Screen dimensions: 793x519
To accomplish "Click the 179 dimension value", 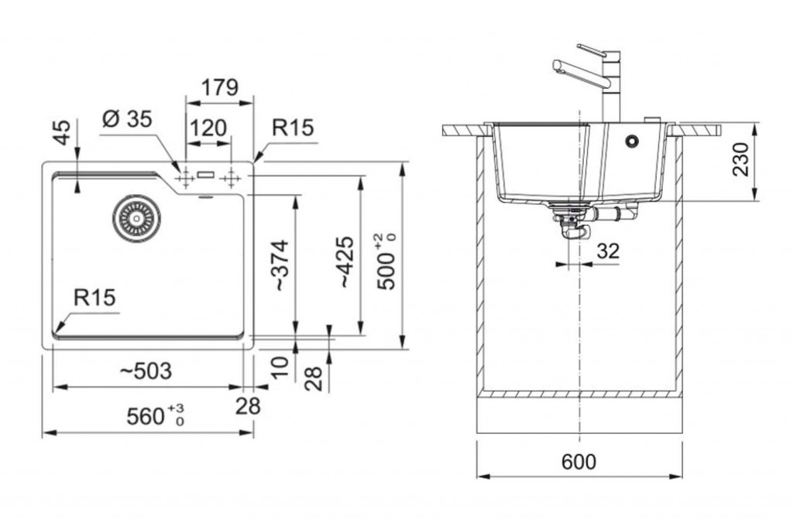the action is (220, 87).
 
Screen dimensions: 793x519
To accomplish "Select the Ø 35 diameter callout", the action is (126, 119).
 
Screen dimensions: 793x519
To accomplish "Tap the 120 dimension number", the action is (208, 128).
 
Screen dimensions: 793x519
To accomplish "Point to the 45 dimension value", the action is (62, 132).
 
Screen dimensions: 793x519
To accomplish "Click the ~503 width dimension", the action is (146, 371).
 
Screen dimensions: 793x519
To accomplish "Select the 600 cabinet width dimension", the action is (579, 461).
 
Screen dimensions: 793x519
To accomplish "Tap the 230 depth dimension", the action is (740, 159).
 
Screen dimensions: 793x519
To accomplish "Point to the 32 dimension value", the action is (608, 250).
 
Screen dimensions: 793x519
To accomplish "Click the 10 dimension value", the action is (279, 367).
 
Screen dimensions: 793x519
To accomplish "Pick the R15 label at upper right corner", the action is (293, 128).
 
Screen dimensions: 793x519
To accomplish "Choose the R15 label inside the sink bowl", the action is (94, 297).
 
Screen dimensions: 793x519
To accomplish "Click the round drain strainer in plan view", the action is (136, 218).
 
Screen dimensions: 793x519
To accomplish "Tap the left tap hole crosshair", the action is (185, 179).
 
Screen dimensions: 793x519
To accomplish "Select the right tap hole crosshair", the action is (231, 179).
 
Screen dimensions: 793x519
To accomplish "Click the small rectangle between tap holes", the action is (206, 175).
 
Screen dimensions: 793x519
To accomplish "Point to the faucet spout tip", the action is (556, 66).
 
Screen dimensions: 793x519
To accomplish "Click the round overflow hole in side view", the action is (631, 141).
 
